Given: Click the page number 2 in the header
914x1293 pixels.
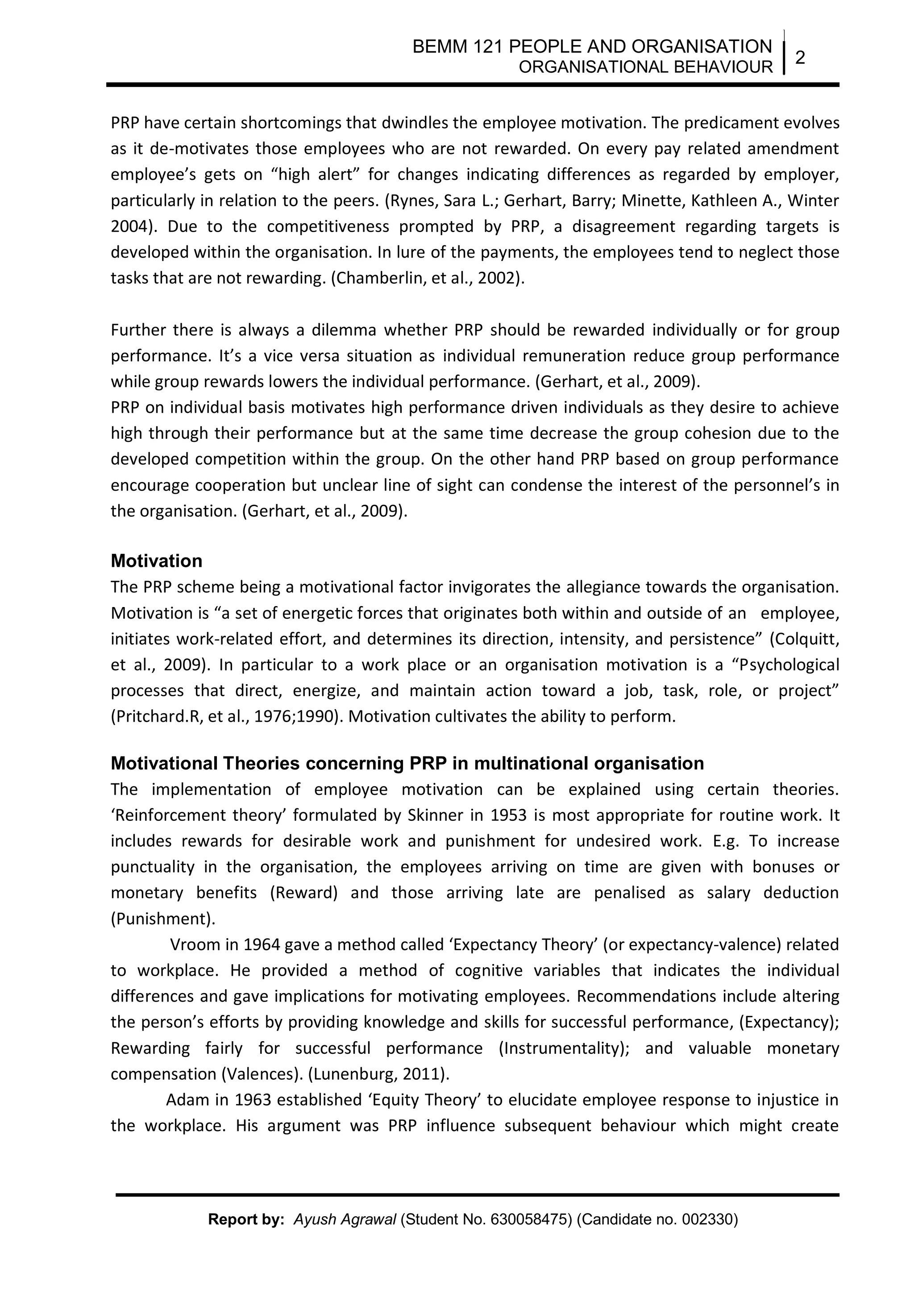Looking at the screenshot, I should coord(800,58).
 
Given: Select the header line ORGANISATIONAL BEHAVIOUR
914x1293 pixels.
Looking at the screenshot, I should coord(645,67).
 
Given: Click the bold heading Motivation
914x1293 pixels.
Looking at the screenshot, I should coord(156,561).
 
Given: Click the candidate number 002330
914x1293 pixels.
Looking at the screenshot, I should coord(706,1219).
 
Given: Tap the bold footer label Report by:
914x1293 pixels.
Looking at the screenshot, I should coord(246,1219).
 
